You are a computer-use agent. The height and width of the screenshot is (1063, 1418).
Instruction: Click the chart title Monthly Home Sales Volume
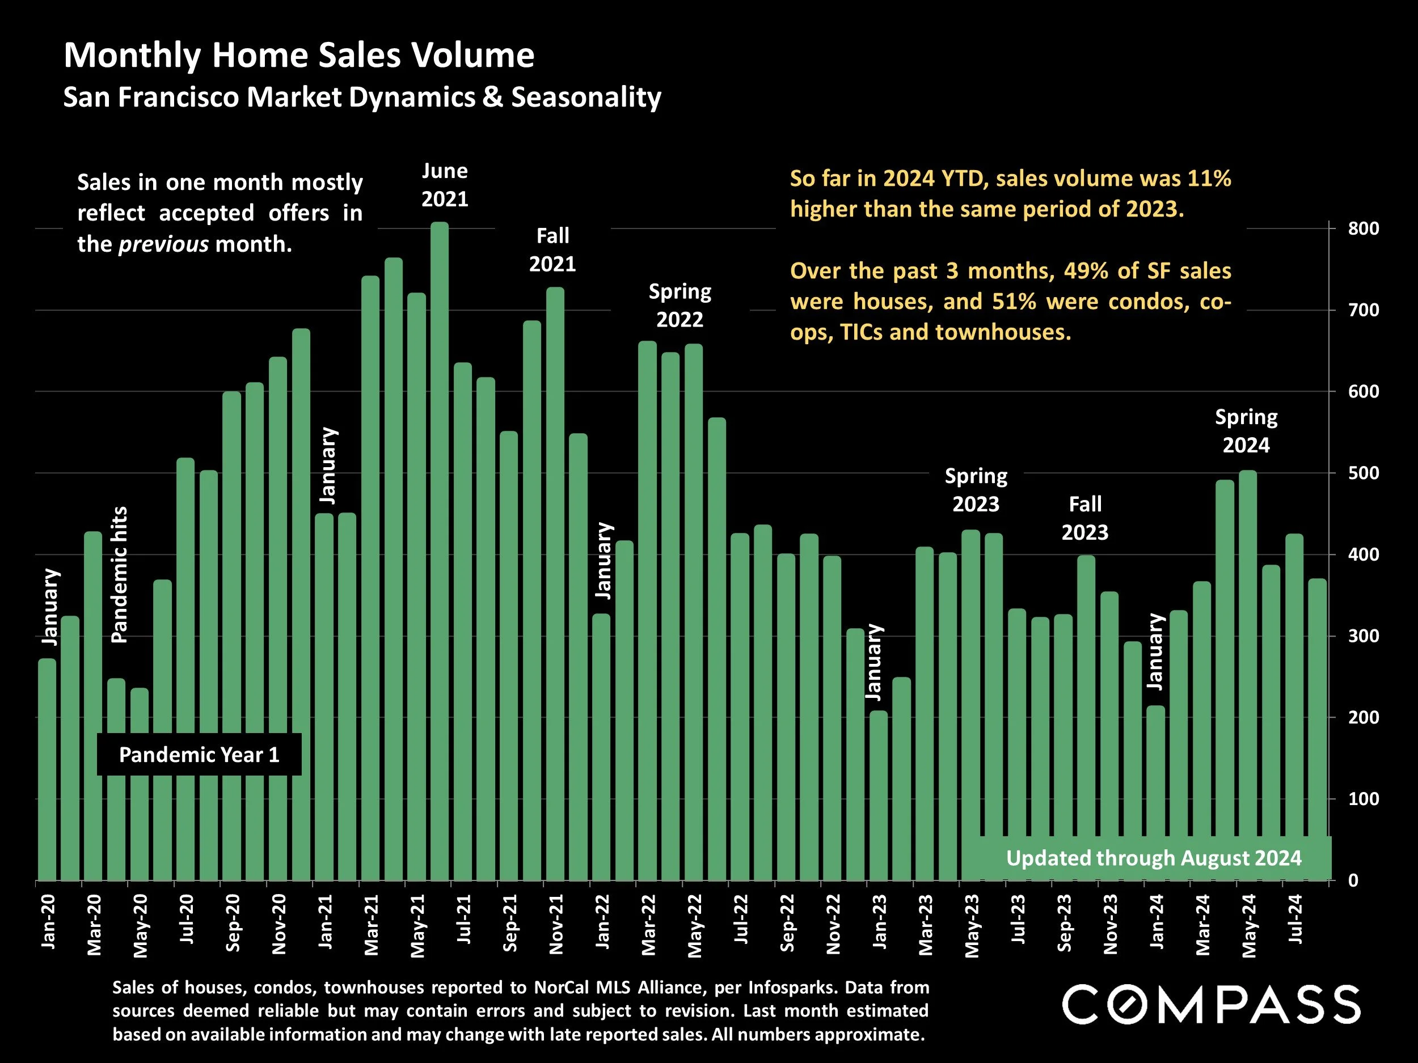pyautogui.click(x=299, y=55)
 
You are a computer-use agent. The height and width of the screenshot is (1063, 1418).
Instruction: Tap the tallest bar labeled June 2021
pyautogui.click(x=439, y=551)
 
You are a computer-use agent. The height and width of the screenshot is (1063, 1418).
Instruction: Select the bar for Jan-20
pyautogui.click(x=47, y=769)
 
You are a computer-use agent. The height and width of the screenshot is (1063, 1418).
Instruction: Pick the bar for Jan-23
pyautogui.click(x=878, y=794)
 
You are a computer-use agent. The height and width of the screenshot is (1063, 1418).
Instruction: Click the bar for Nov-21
pyautogui.click(x=555, y=583)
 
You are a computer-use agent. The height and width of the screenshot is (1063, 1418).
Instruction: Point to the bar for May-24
pyautogui.click(x=1247, y=673)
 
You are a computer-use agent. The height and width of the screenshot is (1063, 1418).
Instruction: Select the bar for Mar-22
pyautogui.click(x=648, y=609)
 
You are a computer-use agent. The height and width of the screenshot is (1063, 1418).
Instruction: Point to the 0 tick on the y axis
pyautogui.click(x=1353, y=881)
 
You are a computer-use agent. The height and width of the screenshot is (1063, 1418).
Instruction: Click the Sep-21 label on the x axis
pyautogui.click(x=510, y=922)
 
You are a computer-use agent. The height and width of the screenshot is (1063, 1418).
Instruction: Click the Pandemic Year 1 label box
pyautogui.click(x=199, y=755)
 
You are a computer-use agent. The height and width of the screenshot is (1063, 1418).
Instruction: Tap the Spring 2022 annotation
pyautogui.click(x=680, y=306)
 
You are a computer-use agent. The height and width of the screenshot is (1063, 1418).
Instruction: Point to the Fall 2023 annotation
pyautogui.click(x=1084, y=518)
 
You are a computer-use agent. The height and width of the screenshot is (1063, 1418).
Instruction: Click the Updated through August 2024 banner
pyautogui.click(x=1153, y=858)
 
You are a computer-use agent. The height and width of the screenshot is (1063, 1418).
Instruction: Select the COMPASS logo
pyautogui.click(x=1211, y=1004)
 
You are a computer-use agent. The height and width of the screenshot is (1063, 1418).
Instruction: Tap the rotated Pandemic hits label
pyautogui.click(x=120, y=574)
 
